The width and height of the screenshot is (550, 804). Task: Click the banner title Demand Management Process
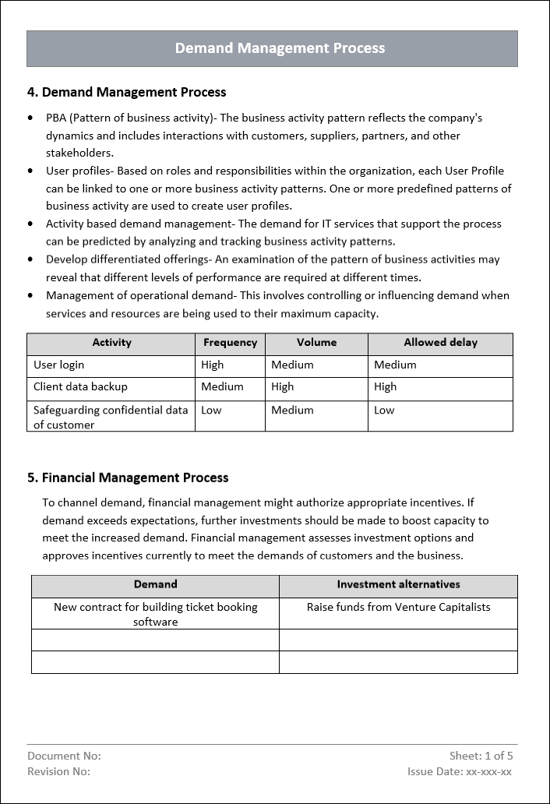tap(280, 48)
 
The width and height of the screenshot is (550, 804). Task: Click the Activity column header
tap(111, 343)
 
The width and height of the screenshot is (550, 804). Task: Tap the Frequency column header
tap(230, 343)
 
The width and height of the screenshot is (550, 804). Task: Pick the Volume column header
tap(316, 343)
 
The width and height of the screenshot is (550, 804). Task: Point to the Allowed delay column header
tap(440, 343)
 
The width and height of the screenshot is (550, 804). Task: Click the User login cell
tap(59, 365)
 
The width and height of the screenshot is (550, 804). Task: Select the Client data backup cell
tap(80, 386)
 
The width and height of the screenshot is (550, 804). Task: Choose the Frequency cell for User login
tap(212, 365)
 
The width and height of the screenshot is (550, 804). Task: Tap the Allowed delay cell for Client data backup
tap(385, 386)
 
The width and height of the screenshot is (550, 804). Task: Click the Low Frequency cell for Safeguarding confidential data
tap(210, 410)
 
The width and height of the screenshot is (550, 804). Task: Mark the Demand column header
tap(155, 584)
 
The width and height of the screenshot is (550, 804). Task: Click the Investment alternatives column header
tap(398, 584)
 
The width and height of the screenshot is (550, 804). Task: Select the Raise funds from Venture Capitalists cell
tap(398, 607)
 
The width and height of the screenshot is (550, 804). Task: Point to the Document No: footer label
tap(64, 756)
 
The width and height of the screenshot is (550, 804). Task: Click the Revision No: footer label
tap(58, 771)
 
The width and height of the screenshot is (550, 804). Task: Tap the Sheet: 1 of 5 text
tap(481, 756)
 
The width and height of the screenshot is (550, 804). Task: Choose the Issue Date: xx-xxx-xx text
tap(459, 771)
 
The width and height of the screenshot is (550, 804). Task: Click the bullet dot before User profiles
tap(30, 171)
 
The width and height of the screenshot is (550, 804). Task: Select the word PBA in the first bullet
tap(57, 118)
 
